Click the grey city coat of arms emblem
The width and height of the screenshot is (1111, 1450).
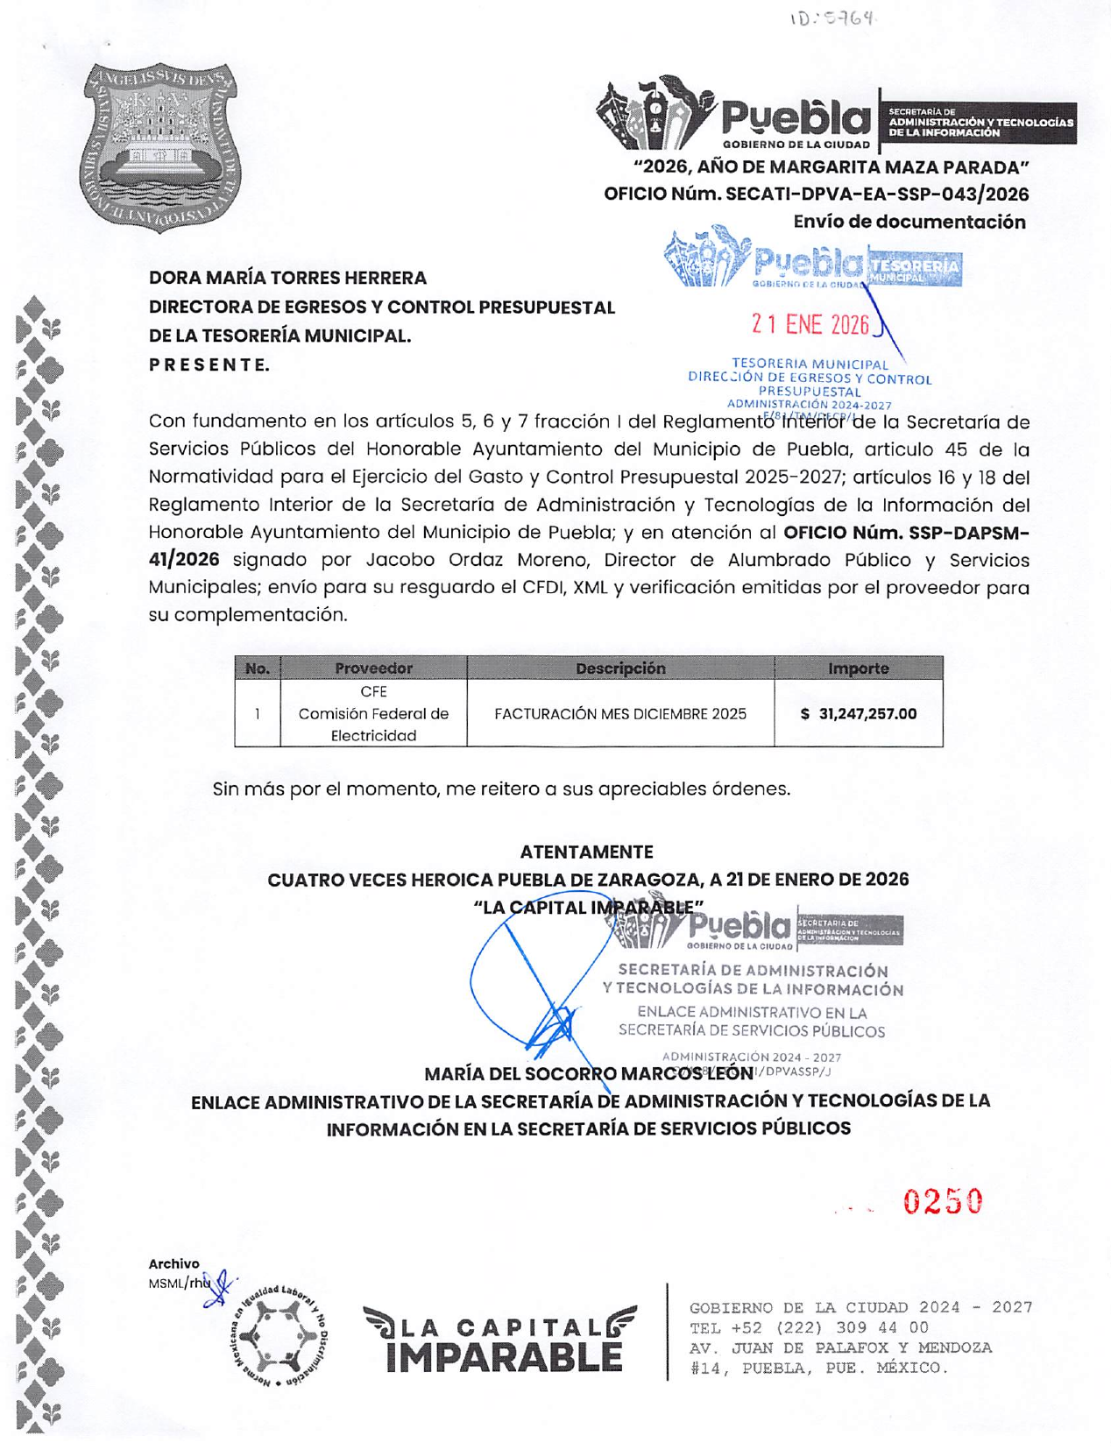pos(160,146)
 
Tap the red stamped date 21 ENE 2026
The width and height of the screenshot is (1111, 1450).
pos(810,325)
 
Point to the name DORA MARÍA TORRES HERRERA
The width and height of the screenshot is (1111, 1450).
pos(287,278)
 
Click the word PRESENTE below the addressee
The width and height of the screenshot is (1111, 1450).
pos(209,364)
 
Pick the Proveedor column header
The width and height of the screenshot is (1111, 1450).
pos(373,668)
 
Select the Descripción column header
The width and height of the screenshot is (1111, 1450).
pos(620,668)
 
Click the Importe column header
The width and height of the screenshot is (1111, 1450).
pos(859,668)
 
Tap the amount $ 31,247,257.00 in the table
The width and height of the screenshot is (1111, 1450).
pos(859,714)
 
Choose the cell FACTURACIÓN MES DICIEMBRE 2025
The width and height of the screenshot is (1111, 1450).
pos(620,714)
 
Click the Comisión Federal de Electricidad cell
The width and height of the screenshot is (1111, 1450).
pos(373,714)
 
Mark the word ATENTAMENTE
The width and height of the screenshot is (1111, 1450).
pos(586,852)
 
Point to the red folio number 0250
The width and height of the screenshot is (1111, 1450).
pos(943,1202)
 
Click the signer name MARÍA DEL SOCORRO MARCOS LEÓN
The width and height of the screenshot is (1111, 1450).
pos(588,1073)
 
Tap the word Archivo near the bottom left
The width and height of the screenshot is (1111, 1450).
pos(173,1263)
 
